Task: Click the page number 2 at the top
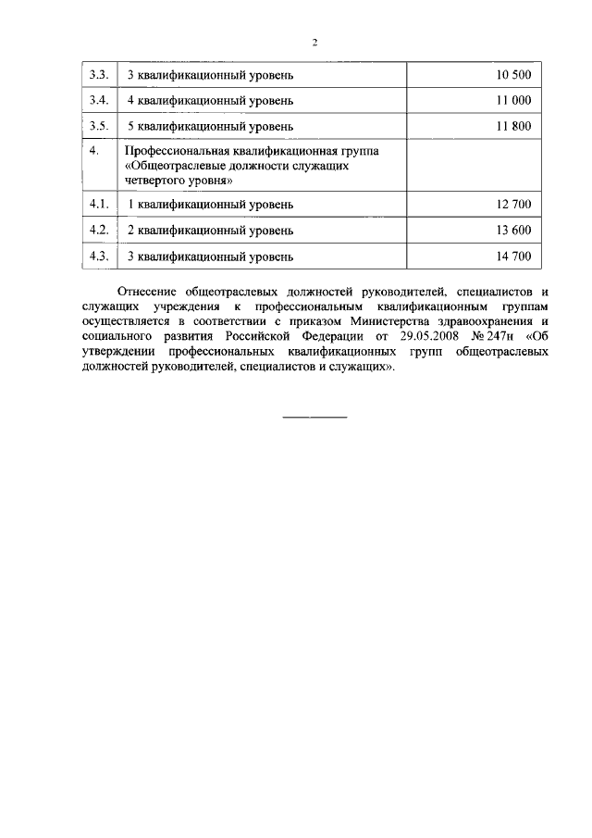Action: pos(314,42)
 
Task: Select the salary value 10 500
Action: pos(513,74)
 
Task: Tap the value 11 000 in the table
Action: pos(513,99)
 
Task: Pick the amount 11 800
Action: pos(513,125)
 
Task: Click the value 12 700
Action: pos(513,204)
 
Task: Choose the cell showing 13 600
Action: pos(513,230)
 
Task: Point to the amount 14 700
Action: pos(513,256)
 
